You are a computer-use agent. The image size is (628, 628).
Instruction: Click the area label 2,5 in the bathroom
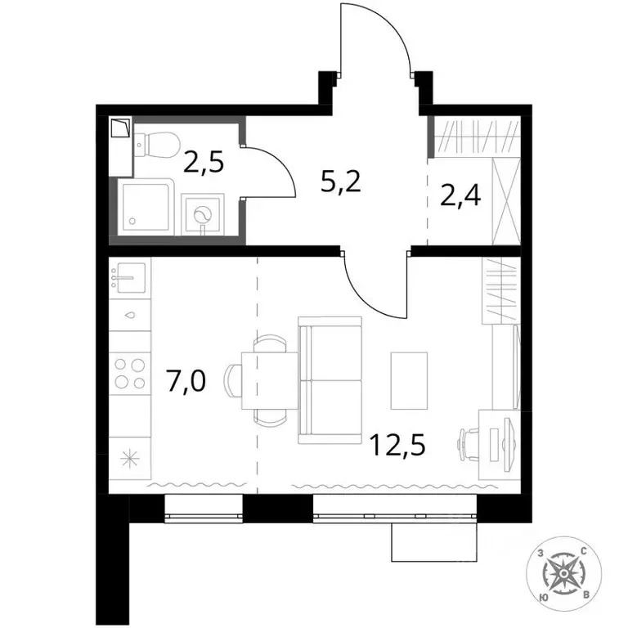(204, 162)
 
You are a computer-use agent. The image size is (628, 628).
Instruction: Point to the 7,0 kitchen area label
(187, 381)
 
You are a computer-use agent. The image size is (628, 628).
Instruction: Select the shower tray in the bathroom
(146, 208)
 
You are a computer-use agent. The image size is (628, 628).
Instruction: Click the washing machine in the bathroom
(202, 215)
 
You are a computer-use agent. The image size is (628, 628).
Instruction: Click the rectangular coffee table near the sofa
(410, 380)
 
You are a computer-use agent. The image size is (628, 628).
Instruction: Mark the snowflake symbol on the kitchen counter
(128, 458)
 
